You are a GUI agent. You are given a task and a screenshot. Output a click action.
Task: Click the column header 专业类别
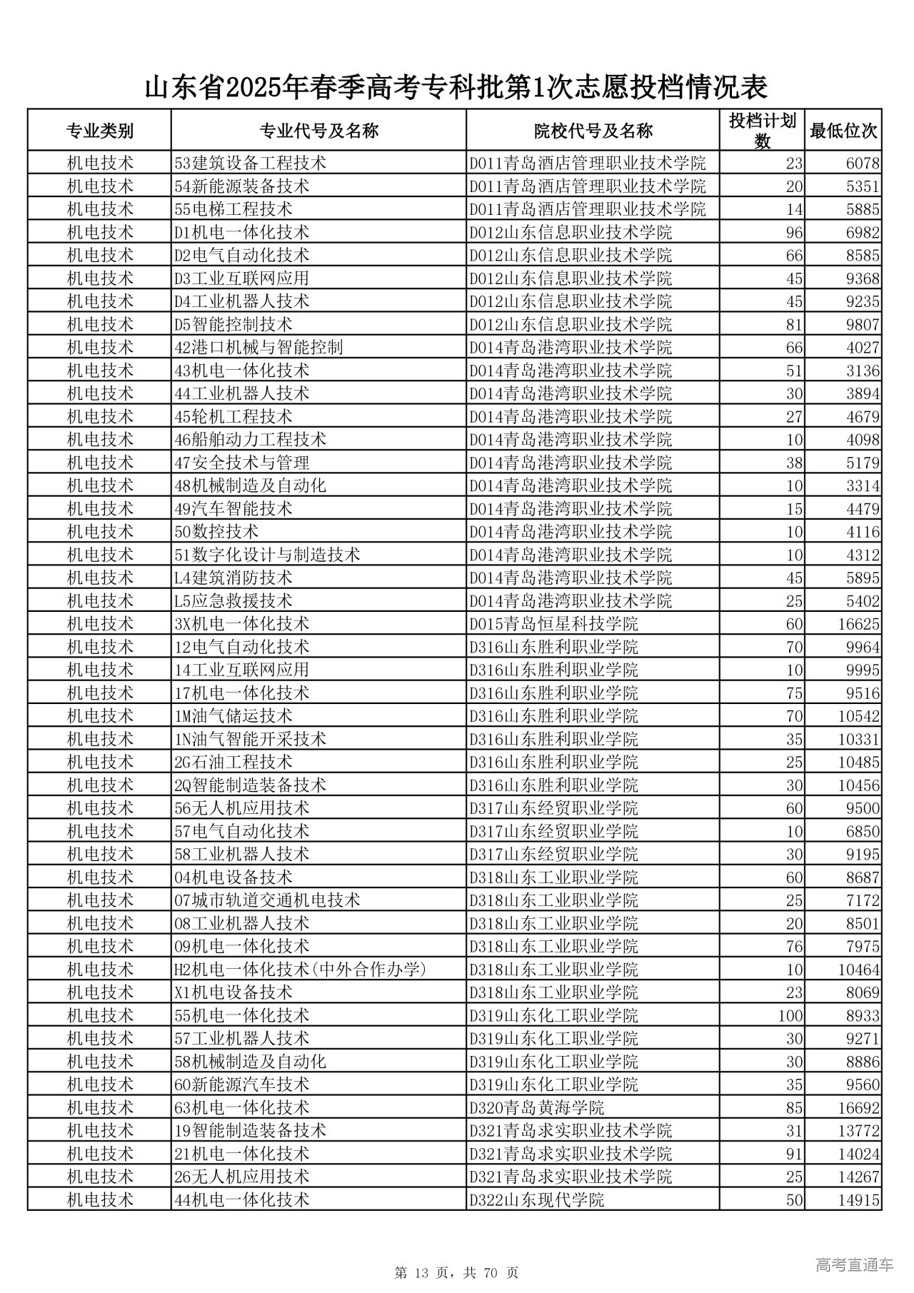99,131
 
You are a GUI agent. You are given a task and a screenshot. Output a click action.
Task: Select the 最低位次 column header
843,131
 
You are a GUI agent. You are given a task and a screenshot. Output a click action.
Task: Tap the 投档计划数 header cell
762,131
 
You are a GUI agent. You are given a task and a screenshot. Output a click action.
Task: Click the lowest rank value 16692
858,1108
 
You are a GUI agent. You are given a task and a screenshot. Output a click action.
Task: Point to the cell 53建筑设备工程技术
250,163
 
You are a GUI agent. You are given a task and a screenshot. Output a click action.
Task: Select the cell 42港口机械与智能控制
258,347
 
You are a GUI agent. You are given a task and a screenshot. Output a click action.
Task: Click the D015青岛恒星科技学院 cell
553,624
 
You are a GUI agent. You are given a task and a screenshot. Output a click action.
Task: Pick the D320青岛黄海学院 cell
536,1108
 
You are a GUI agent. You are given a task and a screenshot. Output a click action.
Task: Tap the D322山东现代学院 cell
536,1200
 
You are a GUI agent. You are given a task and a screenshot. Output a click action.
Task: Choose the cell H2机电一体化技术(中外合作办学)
300,970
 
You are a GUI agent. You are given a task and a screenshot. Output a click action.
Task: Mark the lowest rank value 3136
863,371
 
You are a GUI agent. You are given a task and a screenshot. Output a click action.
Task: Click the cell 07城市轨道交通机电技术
267,900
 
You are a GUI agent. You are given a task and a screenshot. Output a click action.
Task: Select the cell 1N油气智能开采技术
250,739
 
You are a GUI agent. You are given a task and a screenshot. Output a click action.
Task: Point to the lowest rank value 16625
858,624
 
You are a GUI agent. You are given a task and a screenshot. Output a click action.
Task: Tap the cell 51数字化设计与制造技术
267,555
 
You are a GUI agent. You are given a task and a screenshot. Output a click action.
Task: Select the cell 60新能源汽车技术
241,1085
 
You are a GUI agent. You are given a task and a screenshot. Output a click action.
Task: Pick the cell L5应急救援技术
233,601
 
